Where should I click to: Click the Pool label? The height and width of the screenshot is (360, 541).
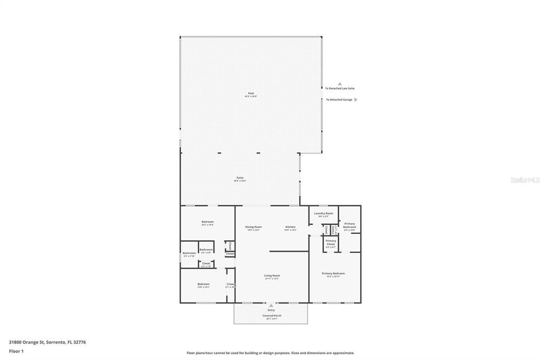point(251,93)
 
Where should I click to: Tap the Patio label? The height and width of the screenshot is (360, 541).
point(240,177)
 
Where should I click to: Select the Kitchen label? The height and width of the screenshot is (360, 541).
point(290,227)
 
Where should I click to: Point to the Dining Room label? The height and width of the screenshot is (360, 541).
point(253,227)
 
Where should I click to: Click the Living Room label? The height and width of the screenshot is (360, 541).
point(272,276)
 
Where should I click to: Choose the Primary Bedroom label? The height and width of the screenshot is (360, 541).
point(333,273)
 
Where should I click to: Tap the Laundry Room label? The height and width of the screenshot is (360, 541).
point(323,213)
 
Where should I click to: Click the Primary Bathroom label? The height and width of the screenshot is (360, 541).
point(350,225)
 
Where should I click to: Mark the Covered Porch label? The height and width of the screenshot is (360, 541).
point(272,316)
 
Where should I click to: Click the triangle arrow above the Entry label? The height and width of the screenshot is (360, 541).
point(271,305)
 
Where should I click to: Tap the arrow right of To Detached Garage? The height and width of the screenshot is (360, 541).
point(356,99)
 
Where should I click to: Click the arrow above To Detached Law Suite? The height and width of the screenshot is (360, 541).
point(340,83)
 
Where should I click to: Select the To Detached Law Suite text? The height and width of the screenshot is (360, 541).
point(340,88)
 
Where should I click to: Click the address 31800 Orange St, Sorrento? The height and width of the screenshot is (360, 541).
point(47,342)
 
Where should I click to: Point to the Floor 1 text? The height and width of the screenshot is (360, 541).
point(16,351)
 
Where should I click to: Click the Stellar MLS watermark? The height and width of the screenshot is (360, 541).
point(525,180)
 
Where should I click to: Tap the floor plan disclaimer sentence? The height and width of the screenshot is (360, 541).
point(270,353)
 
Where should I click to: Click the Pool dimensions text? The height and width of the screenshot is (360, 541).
point(251,97)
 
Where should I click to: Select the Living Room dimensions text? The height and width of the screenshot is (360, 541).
point(272,279)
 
